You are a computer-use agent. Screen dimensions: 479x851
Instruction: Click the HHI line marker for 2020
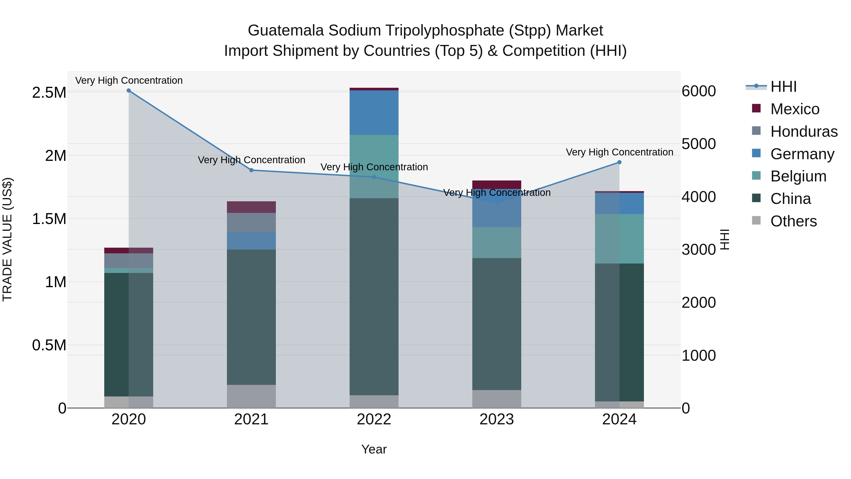tap(129, 91)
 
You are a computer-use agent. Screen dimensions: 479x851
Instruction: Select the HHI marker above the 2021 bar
tap(252, 170)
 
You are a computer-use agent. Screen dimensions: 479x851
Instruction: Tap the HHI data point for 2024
tap(619, 162)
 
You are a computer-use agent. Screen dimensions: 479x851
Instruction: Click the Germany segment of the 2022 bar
tap(374, 112)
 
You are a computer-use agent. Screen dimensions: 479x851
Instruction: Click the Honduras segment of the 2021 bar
tap(252, 223)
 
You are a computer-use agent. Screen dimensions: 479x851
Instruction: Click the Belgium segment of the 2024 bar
tap(619, 239)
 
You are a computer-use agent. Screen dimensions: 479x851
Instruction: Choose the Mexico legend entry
tap(795, 109)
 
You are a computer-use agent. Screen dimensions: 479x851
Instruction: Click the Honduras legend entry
tap(803, 132)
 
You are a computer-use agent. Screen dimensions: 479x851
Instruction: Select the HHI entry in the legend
tap(783, 87)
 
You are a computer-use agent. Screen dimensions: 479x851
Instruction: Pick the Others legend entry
tap(793, 221)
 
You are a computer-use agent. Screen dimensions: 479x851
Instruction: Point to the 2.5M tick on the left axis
tap(49, 92)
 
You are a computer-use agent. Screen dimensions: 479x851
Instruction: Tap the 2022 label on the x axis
tap(374, 419)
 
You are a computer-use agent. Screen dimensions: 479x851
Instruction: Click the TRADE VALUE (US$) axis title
tap(7, 239)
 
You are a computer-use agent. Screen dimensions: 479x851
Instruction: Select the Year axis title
tap(374, 449)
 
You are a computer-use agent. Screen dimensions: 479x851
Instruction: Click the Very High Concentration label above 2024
tap(619, 152)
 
